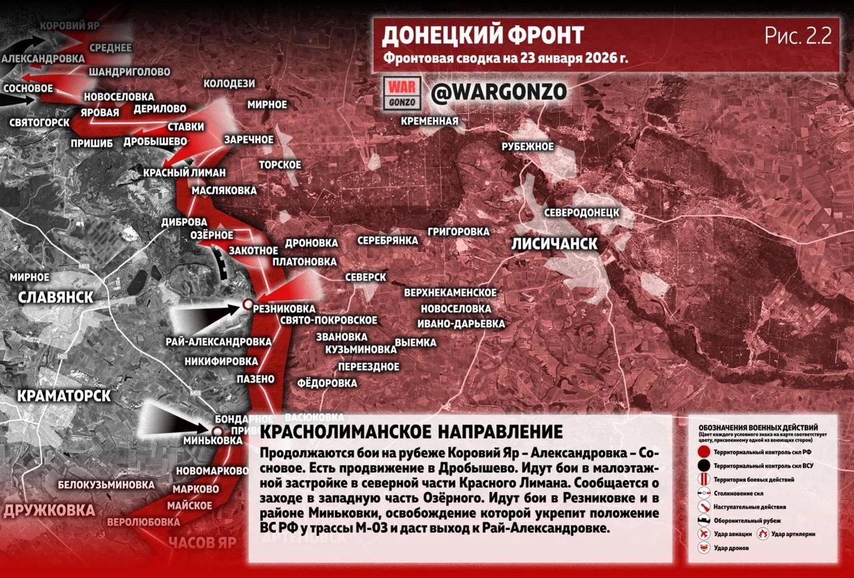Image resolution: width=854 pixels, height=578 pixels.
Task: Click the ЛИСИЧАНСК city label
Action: [x=554, y=243]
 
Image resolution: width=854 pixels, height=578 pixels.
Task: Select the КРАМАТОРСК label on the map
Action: [x=63, y=396]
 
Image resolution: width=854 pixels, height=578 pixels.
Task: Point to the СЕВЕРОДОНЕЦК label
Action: [x=582, y=213]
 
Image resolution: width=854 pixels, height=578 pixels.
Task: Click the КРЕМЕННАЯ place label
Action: [x=430, y=121]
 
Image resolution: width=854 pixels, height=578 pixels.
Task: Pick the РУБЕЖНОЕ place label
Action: [x=528, y=146]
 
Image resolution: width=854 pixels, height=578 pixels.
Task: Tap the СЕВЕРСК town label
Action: [x=366, y=277]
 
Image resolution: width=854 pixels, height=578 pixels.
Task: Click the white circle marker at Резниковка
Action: [x=247, y=305]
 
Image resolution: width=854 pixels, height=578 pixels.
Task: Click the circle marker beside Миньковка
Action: [x=217, y=431]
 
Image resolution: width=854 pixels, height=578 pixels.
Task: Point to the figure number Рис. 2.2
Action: [x=798, y=37]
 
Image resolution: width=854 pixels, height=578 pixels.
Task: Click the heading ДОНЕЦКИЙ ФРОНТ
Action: [x=482, y=35]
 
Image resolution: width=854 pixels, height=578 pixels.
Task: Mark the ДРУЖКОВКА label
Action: [x=49, y=511]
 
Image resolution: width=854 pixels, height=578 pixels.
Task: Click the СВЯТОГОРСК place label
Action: [x=39, y=123]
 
